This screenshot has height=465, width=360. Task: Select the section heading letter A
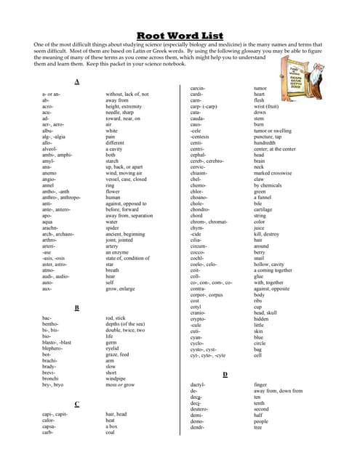pyautogui.click(x=77, y=81)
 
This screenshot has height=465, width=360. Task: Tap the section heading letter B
pyautogui.click(x=77, y=308)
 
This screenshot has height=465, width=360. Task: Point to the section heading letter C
pyautogui.click(x=77, y=403)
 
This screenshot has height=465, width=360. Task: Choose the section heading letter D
pyautogui.click(x=225, y=373)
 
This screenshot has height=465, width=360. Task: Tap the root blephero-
pyautogui.click(x=53, y=347)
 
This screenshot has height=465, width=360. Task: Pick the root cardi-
pyautogui.click(x=196, y=94)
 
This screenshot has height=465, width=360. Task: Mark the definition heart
pyautogui.click(x=260, y=94)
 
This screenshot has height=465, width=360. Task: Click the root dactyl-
pyautogui.click(x=198, y=384)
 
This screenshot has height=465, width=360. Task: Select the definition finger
pyautogui.click(x=260, y=384)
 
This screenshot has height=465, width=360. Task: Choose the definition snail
pyautogui.click(x=259, y=257)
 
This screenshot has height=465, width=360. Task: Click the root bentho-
pyautogui.click(x=52, y=324)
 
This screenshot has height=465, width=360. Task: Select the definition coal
pyautogui.click(x=112, y=432)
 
